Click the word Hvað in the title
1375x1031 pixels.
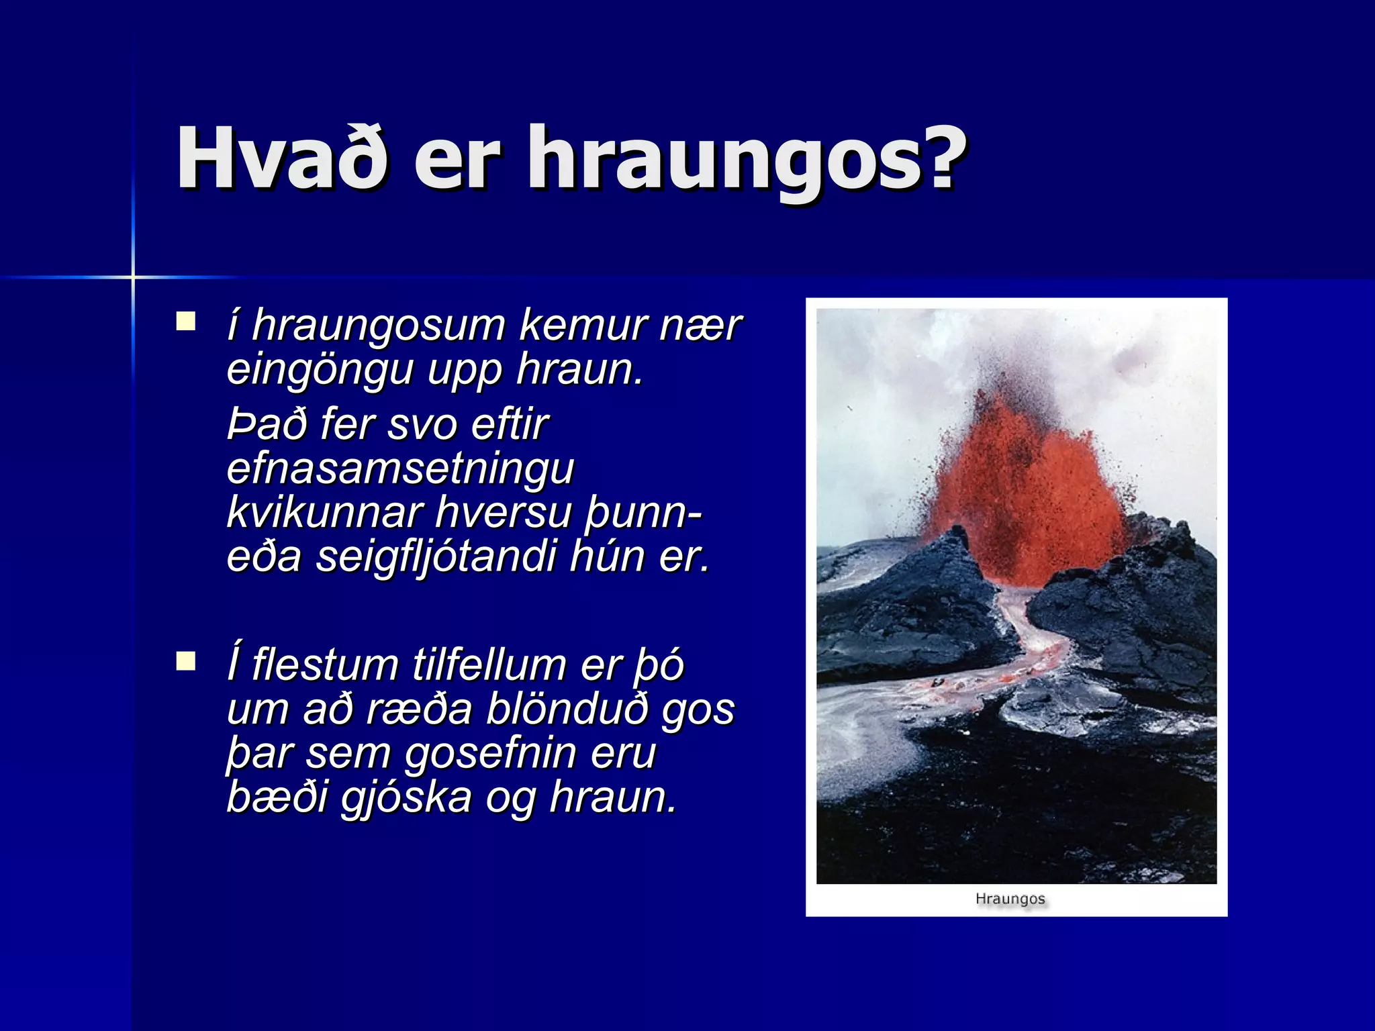click(281, 159)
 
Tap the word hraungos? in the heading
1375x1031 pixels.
click(745, 161)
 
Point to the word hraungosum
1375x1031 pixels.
click(378, 326)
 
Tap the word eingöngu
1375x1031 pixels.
click(320, 370)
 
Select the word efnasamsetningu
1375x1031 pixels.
click(400, 468)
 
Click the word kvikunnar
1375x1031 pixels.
click(324, 511)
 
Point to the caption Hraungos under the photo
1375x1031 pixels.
click(1010, 899)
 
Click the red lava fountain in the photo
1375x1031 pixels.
click(1027, 497)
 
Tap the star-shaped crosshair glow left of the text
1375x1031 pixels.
click(133, 277)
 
